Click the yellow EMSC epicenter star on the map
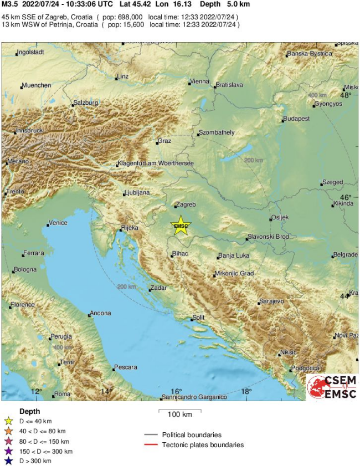pos(181,226)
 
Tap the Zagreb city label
pos(187,204)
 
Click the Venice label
pos(58,223)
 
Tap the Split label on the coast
pos(198,318)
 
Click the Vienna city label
pos(199,81)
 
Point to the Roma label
pos(62,394)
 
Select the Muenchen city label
pos(37,85)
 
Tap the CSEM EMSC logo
pos(332,386)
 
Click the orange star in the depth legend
pos(9,431)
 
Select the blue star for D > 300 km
pos(9,460)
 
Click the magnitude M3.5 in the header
pos(10,4)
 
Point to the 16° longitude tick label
pos(176,391)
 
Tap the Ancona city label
pos(101,313)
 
